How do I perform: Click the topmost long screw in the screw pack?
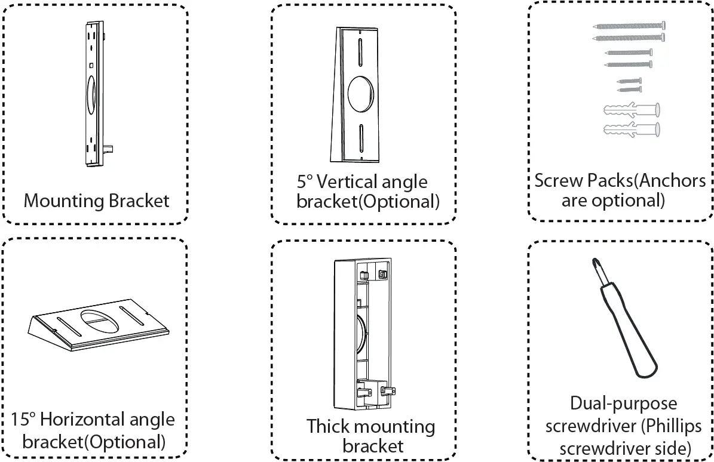point(630,26)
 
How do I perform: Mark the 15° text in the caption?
point(24,419)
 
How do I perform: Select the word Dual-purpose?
point(623,404)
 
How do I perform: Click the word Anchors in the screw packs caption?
point(673,180)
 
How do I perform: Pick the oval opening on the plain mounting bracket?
point(91,95)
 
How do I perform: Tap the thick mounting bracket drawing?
point(362,334)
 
